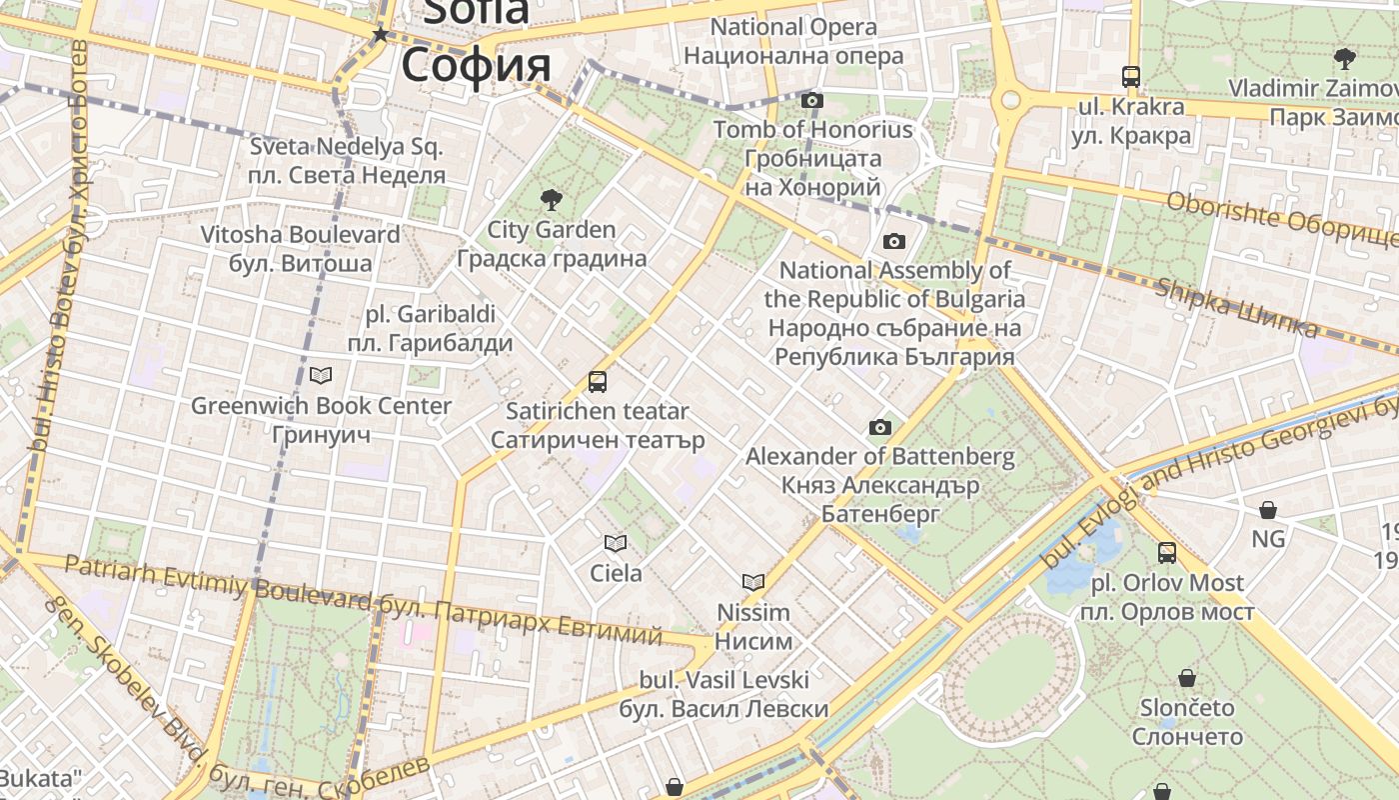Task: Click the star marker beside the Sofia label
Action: [380, 35]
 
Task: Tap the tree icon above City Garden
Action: [551, 199]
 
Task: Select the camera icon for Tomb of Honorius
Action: [812, 100]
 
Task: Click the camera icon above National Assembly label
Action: [894, 241]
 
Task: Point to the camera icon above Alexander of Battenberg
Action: [879, 428]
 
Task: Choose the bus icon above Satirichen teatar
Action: [598, 381]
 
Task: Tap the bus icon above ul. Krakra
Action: [1131, 76]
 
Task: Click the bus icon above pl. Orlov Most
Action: [1167, 552]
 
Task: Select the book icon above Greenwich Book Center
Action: [321, 376]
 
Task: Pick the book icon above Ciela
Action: [616, 543]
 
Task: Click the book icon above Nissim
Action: [753, 582]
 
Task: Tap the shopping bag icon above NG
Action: [1268, 510]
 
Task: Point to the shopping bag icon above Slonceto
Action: [1187, 678]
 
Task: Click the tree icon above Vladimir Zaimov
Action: [1345, 58]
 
